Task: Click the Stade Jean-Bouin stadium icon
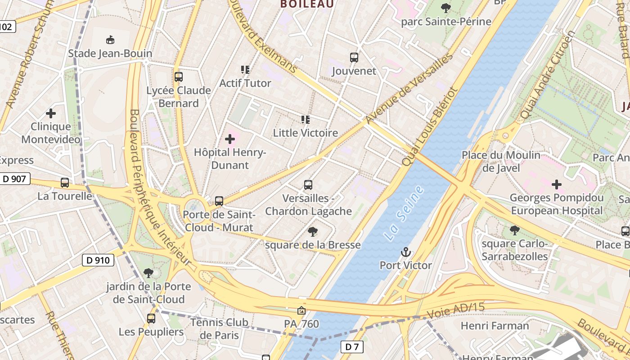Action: tap(110, 40)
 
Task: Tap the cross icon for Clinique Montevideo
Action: tap(51, 113)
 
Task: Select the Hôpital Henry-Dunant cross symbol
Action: tap(230, 139)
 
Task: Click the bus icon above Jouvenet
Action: tap(354, 58)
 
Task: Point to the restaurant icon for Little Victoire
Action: tap(306, 120)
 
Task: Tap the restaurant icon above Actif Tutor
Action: tap(245, 70)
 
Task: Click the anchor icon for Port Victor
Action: tap(406, 252)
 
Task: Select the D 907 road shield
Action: tap(14, 179)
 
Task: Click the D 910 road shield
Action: tap(98, 260)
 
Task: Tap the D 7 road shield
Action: tap(351, 347)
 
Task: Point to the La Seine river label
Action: tap(405, 213)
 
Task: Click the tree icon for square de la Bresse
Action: tap(312, 232)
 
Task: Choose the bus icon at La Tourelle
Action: tap(65, 183)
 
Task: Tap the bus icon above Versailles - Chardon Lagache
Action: tap(308, 185)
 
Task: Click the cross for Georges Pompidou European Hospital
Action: tap(557, 184)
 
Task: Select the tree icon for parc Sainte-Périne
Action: tap(446, 8)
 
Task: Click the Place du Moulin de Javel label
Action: tap(501, 162)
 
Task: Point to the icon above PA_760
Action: tap(301, 310)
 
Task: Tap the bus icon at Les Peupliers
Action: tap(151, 319)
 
